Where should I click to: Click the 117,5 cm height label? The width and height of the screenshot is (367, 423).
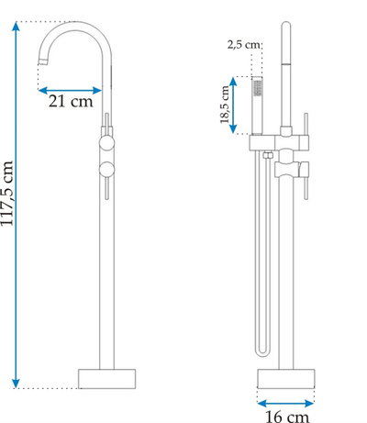pos(6,194)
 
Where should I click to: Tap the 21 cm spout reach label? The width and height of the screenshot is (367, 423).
pos(71,101)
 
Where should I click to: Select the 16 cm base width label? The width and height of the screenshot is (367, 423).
pos(287,417)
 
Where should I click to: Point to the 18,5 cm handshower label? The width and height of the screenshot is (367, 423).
pos(224,105)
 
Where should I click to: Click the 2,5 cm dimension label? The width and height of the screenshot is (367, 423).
pos(244,45)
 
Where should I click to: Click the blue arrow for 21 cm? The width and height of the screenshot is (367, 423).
pos(70,90)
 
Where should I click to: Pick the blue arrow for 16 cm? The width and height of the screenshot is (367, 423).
pos(286,404)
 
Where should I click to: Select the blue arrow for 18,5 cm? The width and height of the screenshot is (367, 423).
pos(233,105)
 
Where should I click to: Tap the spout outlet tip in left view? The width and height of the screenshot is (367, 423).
pos(43,61)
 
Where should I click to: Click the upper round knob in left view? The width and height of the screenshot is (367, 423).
pos(106,143)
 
